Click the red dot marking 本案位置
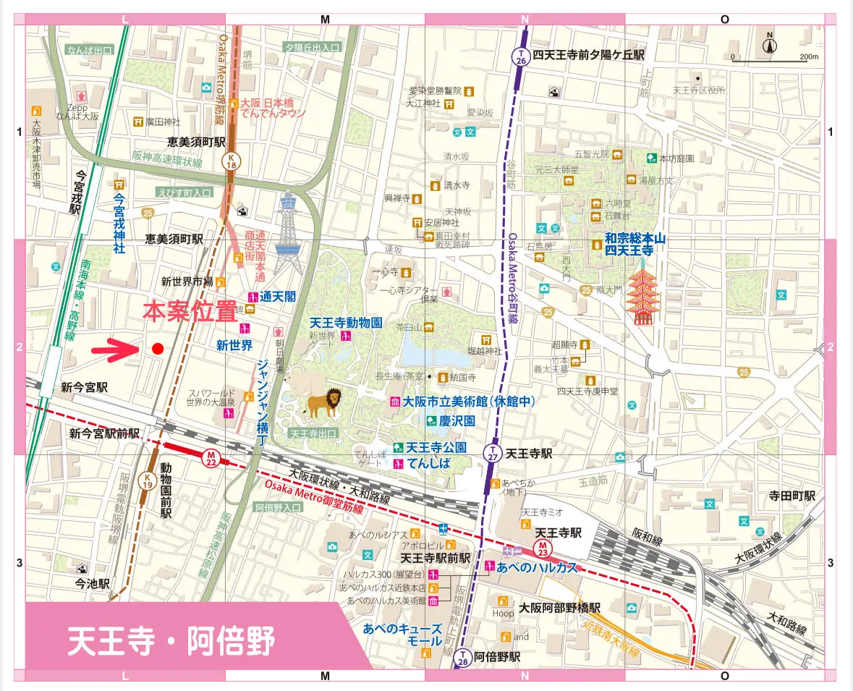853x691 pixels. pos(157,349)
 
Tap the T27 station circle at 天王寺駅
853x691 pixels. pos(492,454)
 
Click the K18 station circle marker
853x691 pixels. pos(231,161)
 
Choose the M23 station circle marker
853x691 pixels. pos(541,547)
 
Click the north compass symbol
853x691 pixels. pos(770,45)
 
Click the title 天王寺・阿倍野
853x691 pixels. pos(171,640)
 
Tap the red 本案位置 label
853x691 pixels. pos(190,312)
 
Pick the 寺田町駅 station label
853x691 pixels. pos(792,496)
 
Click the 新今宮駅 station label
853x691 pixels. pos(84,388)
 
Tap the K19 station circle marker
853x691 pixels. pos(148,482)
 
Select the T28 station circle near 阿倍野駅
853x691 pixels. pos(462,657)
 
